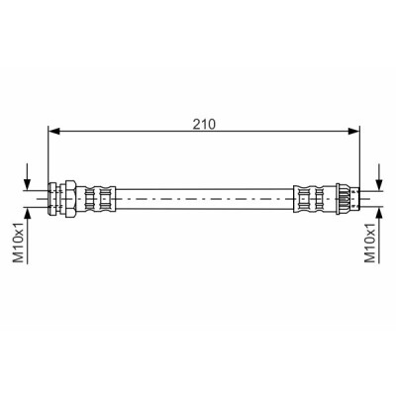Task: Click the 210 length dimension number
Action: [204, 124]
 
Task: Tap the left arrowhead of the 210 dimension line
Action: [53, 132]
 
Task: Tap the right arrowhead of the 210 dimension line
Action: [354, 132]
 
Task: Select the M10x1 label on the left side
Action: [19, 243]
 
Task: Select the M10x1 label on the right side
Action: [370, 243]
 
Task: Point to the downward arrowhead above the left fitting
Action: [28, 184]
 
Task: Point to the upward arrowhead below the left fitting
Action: [28, 214]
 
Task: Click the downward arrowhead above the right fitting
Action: [379, 184]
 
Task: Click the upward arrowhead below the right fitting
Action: [379, 214]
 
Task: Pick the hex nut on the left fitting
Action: [71, 199]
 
